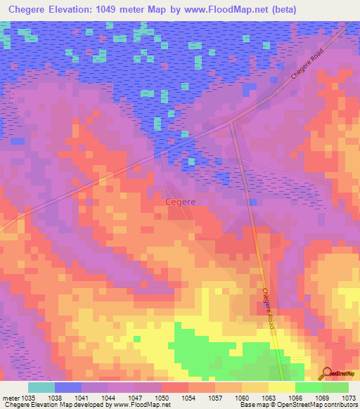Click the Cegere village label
click(180, 202)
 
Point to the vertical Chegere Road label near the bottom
click(267, 310)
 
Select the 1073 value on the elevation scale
click(349, 397)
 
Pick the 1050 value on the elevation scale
click(162, 397)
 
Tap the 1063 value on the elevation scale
click(269, 397)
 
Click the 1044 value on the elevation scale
click(108, 397)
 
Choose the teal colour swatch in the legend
click(41, 387)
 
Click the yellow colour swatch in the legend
click(281, 387)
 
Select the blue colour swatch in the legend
click(68, 387)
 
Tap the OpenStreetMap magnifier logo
click(327, 373)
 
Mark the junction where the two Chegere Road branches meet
click(231, 122)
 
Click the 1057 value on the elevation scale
click(215, 397)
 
